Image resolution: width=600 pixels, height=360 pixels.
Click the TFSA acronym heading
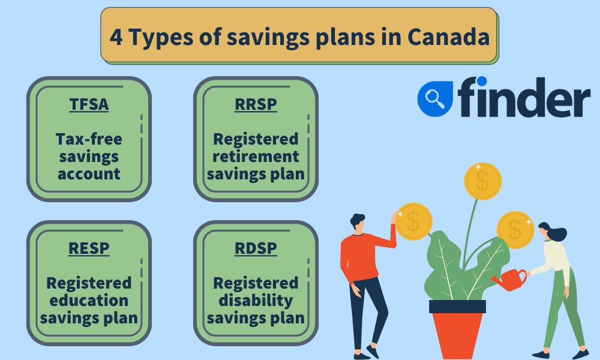click(89, 104)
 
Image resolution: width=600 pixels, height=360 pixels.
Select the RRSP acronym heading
click(256, 104)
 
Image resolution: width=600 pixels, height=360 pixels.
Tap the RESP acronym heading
click(89, 248)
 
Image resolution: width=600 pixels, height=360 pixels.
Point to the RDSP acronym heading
click(256, 248)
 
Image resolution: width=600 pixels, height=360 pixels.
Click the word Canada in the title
click(448, 37)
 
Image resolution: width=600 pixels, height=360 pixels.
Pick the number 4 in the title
click(116, 37)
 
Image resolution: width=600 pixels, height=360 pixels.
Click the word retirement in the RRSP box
click(256, 157)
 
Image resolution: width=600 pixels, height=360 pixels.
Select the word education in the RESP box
click(89, 301)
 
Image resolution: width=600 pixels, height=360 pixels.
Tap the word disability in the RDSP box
click(256, 301)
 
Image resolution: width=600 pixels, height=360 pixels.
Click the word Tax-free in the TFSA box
click(89, 139)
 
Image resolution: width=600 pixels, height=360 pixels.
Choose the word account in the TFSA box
click(89, 174)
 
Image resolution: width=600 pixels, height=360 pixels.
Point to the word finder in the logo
click(524, 97)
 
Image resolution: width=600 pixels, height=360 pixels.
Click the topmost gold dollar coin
click(482, 181)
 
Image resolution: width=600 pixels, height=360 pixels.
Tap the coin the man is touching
click(413, 221)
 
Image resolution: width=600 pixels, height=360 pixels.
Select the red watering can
click(509, 279)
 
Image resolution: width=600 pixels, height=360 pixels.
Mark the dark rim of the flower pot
click(457, 307)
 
